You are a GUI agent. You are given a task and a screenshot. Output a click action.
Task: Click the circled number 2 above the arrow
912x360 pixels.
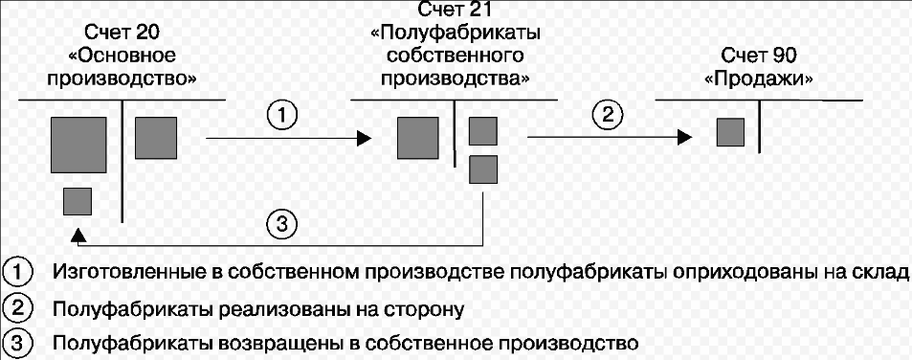click(x=607, y=116)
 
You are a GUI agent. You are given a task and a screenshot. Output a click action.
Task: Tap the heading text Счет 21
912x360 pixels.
click(x=456, y=11)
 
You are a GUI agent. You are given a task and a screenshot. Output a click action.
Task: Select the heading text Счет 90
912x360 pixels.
click(x=759, y=57)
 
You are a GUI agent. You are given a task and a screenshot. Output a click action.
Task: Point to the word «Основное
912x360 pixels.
click(x=122, y=56)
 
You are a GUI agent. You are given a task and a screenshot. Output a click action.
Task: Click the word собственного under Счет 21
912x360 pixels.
click(x=456, y=56)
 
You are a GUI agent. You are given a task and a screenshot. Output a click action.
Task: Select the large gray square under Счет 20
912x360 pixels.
click(x=78, y=145)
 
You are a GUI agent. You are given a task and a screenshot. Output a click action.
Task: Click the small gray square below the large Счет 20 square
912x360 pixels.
click(x=78, y=202)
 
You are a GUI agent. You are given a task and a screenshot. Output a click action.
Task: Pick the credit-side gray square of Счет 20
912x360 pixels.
click(x=156, y=137)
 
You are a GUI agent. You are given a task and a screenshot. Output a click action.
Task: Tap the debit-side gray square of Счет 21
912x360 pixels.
click(x=418, y=137)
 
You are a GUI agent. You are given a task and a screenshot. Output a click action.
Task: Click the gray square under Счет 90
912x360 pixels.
click(x=730, y=132)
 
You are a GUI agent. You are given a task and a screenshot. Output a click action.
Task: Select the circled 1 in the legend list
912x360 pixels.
click(x=17, y=272)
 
